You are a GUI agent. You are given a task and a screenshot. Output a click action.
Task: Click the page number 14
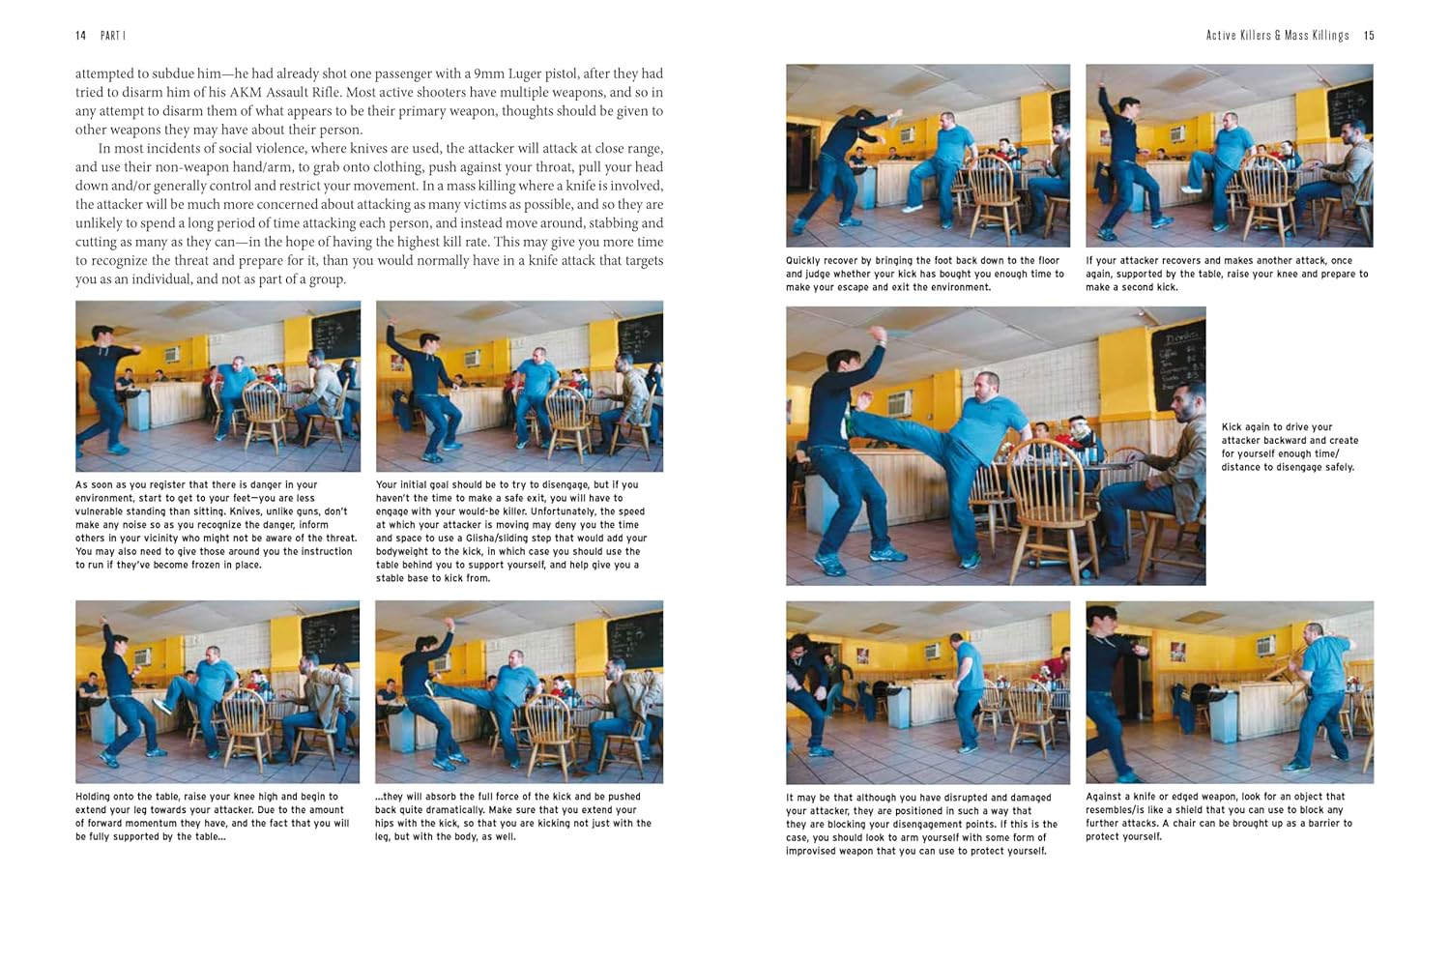click(81, 36)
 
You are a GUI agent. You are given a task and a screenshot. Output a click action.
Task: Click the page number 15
click(1369, 36)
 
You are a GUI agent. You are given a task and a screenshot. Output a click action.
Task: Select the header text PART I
click(113, 36)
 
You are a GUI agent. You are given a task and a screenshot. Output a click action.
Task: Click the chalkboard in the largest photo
click(1178, 367)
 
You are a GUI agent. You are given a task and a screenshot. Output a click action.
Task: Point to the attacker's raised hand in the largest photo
click(879, 335)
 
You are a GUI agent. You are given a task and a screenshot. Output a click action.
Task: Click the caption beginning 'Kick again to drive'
click(1290, 447)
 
